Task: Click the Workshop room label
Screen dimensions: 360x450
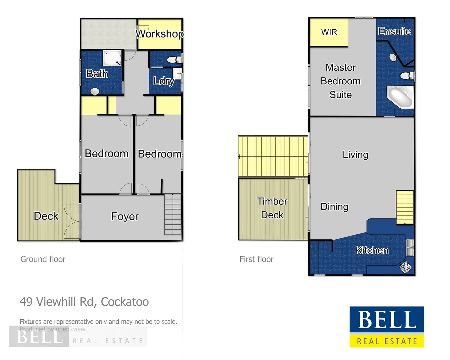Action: coord(160,34)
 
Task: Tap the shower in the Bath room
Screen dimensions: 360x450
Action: coord(112,58)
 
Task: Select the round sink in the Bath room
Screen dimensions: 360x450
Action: coord(95,91)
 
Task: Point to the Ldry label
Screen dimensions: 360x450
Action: coord(164,81)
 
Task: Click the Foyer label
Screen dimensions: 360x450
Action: coord(125,217)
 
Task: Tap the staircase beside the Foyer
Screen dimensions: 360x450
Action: coord(173,214)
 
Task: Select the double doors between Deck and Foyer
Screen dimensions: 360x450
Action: coord(72,221)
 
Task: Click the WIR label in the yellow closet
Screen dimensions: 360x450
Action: coord(329,32)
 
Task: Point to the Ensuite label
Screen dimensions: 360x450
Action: coord(394,31)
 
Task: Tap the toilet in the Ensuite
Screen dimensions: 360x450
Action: coord(406,76)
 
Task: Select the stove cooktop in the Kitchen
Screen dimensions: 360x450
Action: coord(406,267)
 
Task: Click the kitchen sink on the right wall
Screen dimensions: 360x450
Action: coord(410,248)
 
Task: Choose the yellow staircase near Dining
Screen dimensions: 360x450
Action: coord(405,207)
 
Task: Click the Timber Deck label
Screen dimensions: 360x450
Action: coord(272,208)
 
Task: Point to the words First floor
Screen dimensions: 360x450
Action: coord(256,259)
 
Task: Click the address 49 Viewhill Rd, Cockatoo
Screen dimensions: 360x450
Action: coord(84,302)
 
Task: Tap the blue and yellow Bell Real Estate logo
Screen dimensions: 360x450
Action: coord(387,327)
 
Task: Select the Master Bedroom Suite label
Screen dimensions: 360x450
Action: coord(341,81)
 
